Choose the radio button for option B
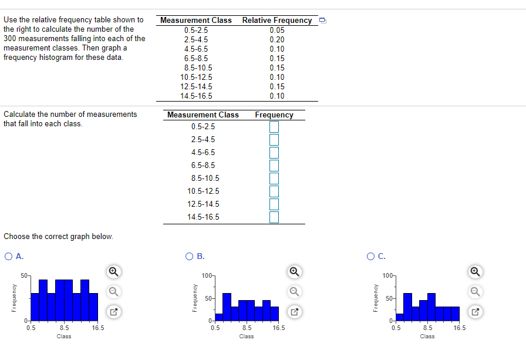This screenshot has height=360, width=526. (x=189, y=256)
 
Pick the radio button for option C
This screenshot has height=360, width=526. (x=370, y=256)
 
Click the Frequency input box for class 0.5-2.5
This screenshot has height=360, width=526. (x=274, y=127)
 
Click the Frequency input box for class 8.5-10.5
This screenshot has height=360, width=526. (x=274, y=179)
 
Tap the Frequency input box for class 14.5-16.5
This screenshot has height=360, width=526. (x=274, y=217)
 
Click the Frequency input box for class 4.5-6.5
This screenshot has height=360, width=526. (x=274, y=153)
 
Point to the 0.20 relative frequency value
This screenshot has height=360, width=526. (x=277, y=40)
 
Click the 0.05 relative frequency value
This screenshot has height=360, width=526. (x=277, y=31)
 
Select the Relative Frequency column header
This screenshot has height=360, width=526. (x=277, y=20)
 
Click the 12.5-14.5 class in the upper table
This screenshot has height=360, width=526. (x=196, y=87)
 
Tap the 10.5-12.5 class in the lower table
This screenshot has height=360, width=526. (x=203, y=191)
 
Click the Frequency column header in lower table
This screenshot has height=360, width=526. (x=274, y=115)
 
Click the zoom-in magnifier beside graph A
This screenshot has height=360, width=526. (x=114, y=271)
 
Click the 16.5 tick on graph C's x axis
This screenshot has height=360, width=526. (x=459, y=328)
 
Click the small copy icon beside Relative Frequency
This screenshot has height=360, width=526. (x=322, y=21)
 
